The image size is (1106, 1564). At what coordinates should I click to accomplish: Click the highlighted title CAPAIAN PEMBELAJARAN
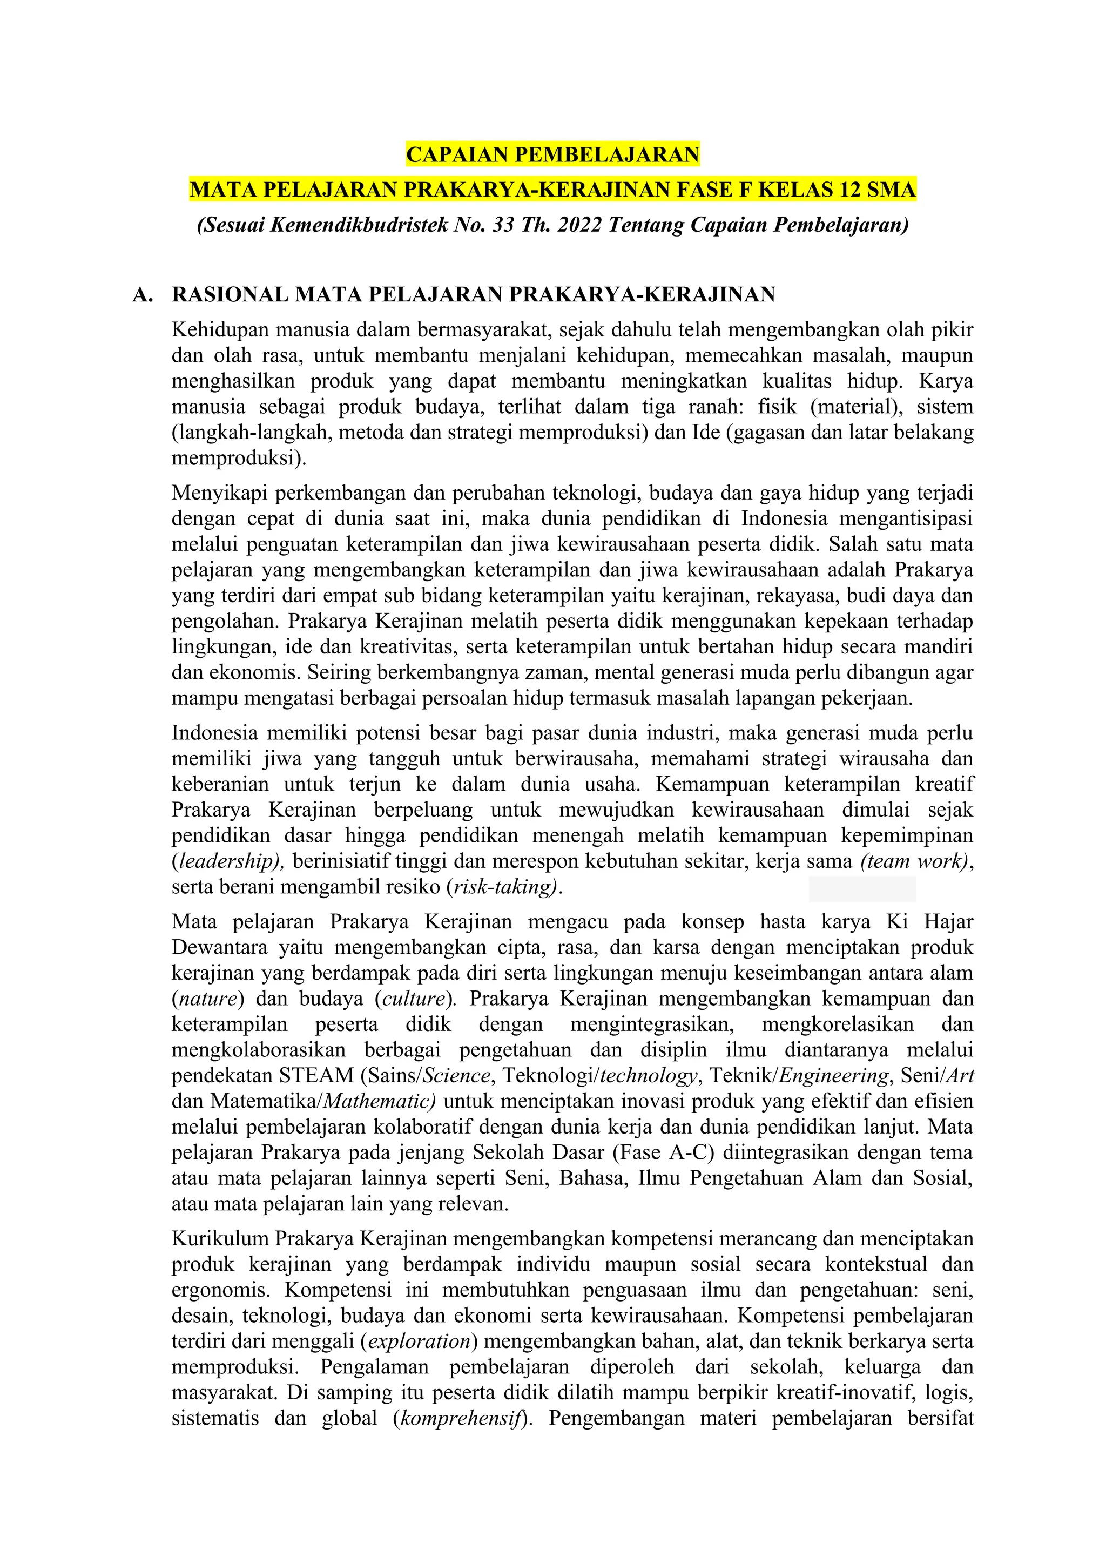click(552, 154)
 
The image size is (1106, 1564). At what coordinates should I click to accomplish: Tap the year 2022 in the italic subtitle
click(579, 224)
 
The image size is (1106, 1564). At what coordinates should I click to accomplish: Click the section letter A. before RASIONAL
click(141, 294)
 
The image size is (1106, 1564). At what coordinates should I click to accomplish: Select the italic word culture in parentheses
click(413, 999)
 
